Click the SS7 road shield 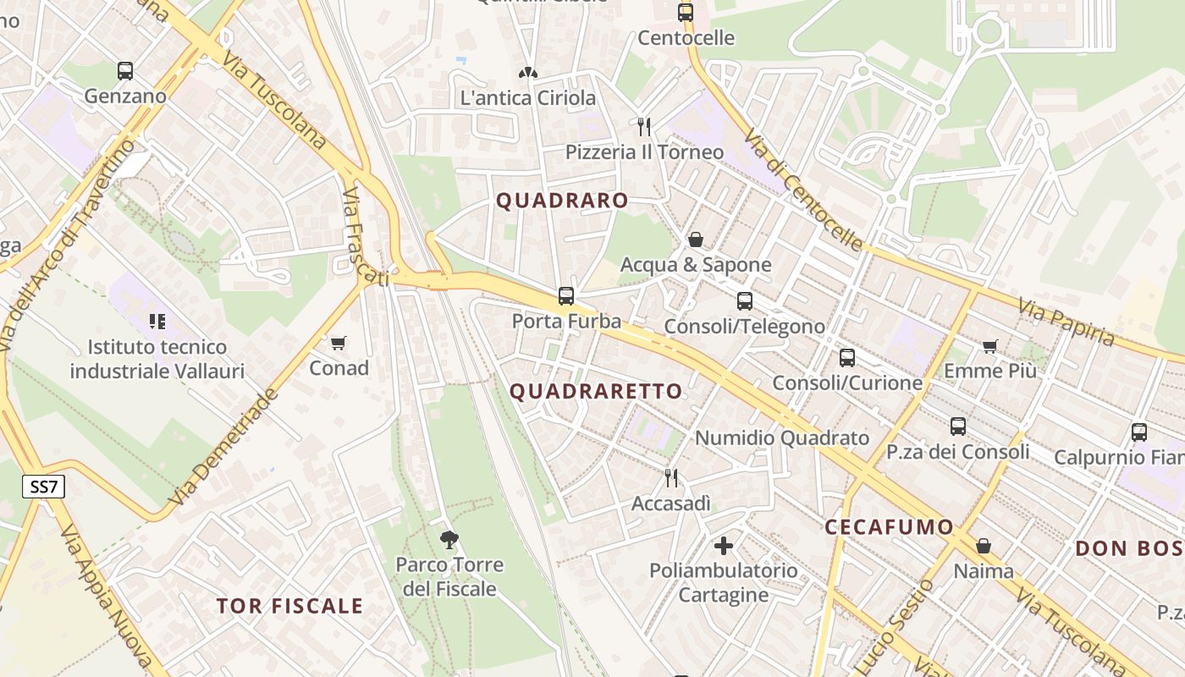pos(42,487)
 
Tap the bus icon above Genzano pos(125,71)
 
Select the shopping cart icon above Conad pos(339,343)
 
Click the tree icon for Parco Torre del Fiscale pos(449,538)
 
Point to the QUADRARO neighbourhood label pos(562,201)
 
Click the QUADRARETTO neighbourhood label pos(596,391)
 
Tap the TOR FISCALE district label pos(289,606)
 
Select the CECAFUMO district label pos(890,526)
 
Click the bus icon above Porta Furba pos(566,296)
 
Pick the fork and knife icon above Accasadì pos(671,478)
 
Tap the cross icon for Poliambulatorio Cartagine pos(724,546)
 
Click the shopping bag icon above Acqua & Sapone pos(696,239)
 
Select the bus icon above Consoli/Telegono pos(745,301)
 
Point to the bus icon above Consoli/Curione pos(847,358)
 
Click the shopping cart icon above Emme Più pos(990,346)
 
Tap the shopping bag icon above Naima pos(984,546)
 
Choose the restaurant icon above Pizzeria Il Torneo pos(645,127)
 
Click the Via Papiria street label pos(1066,322)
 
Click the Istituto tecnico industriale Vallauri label pos(157,359)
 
